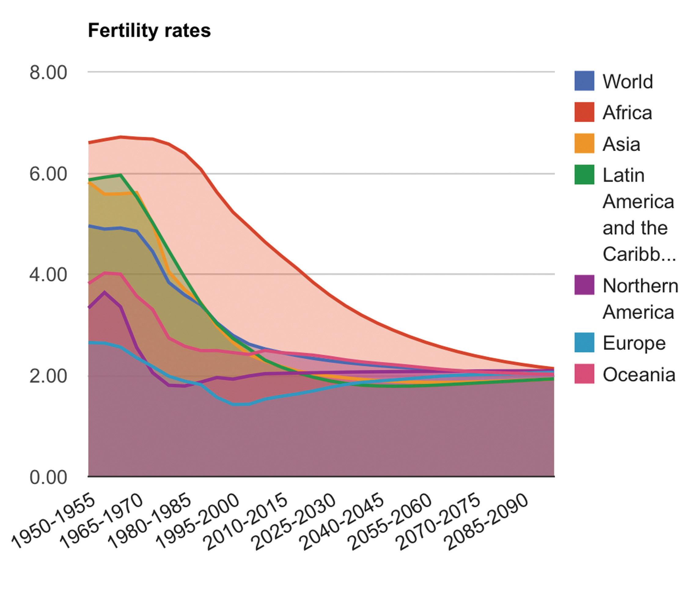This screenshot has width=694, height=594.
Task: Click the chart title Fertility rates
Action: coord(149,31)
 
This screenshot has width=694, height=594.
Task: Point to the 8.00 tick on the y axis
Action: coord(48,73)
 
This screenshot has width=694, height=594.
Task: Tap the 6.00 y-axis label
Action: coord(48,174)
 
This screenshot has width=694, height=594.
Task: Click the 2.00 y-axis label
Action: coord(48,376)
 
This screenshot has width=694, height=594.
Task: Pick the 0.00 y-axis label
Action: coord(48,477)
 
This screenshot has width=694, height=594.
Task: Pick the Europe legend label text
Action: coord(634,343)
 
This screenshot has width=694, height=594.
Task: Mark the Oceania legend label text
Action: coord(639,375)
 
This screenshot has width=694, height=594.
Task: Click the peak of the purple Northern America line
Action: coord(105,292)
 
